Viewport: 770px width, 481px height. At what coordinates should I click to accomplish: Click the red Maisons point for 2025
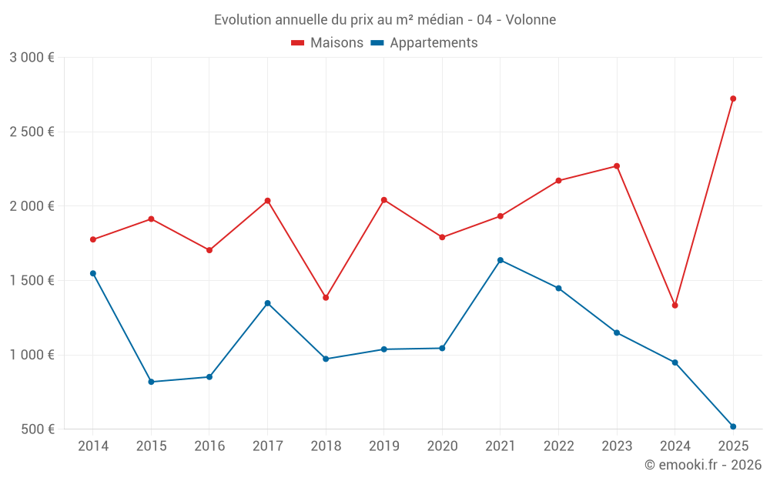click(733, 99)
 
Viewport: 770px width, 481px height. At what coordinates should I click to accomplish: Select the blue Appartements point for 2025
click(733, 426)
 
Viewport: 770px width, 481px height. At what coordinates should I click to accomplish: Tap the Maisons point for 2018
click(326, 297)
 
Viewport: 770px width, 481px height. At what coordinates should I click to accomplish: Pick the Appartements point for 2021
click(500, 260)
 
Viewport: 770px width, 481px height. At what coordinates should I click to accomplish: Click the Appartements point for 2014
click(93, 273)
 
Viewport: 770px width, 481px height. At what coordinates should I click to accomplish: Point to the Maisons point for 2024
click(675, 306)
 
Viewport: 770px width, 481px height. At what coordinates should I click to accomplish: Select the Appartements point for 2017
click(267, 303)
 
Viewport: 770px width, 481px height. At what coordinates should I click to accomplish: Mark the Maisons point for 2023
click(617, 166)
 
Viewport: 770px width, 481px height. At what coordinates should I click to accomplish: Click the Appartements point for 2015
click(151, 382)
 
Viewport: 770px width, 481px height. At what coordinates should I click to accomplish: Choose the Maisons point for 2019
click(384, 200)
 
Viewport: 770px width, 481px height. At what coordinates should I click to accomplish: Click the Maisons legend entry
click(327, 43)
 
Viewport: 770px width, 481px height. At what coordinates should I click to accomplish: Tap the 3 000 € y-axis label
click(32, 58)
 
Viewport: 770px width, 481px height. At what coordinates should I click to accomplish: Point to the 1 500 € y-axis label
click(32, 281)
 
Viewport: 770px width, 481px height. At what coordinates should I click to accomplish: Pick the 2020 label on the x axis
click(442, 446)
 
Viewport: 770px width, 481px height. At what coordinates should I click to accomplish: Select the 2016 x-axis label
click(209, 446)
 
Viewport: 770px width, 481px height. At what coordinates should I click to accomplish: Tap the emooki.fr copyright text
click(702, 465)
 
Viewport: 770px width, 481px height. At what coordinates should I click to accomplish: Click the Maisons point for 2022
click(558, 181)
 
